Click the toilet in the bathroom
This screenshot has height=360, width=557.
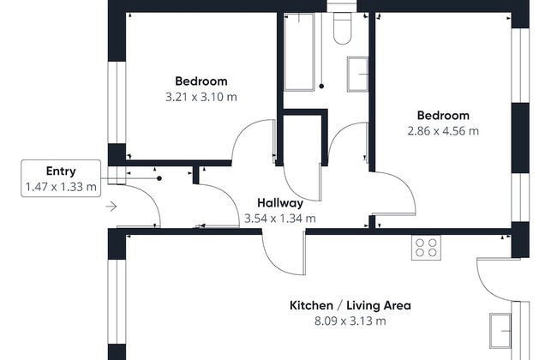[341, 29]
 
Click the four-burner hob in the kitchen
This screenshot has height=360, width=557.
[426, 247]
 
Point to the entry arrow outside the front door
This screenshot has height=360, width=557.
[111, 207]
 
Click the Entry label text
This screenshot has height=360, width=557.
[61, 171]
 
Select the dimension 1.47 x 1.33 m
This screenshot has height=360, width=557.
[61, 186]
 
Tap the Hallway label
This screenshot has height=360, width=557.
[280, 203]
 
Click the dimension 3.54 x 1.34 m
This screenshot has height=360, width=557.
[280, 219]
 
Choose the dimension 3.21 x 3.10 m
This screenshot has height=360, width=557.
[201, 97]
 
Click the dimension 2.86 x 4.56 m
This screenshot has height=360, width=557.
[443, 131]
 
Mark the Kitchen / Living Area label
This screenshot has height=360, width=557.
[350, 305]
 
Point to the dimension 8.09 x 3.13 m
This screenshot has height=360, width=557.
[350, 321]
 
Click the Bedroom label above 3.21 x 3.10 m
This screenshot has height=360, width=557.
[201, 81]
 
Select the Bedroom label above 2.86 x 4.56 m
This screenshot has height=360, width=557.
[443, 116]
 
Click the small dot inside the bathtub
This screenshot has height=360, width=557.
[320, 86]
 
